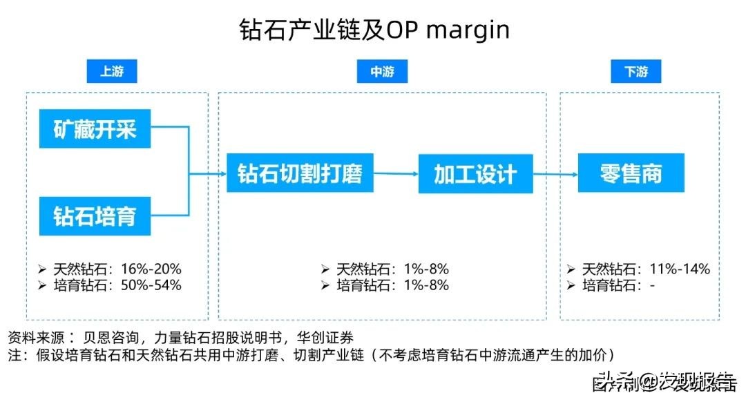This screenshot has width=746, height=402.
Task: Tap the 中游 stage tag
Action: (382, 72)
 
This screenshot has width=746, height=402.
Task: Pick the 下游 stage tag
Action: (635, 72)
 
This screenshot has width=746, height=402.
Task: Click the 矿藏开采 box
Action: (95, 128)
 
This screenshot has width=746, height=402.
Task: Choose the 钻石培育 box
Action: (95, 216)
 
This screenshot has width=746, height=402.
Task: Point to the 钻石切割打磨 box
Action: (300, 173)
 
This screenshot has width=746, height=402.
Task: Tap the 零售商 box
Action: (631, 173)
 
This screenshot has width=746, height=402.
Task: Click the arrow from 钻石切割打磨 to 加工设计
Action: (396, 173)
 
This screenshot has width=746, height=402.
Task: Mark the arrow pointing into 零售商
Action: (556, 173)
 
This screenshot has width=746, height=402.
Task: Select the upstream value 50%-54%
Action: (151, 285)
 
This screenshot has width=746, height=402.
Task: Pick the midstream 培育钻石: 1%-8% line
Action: (385, 285)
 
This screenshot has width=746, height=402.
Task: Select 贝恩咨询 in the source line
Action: (108, 338)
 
